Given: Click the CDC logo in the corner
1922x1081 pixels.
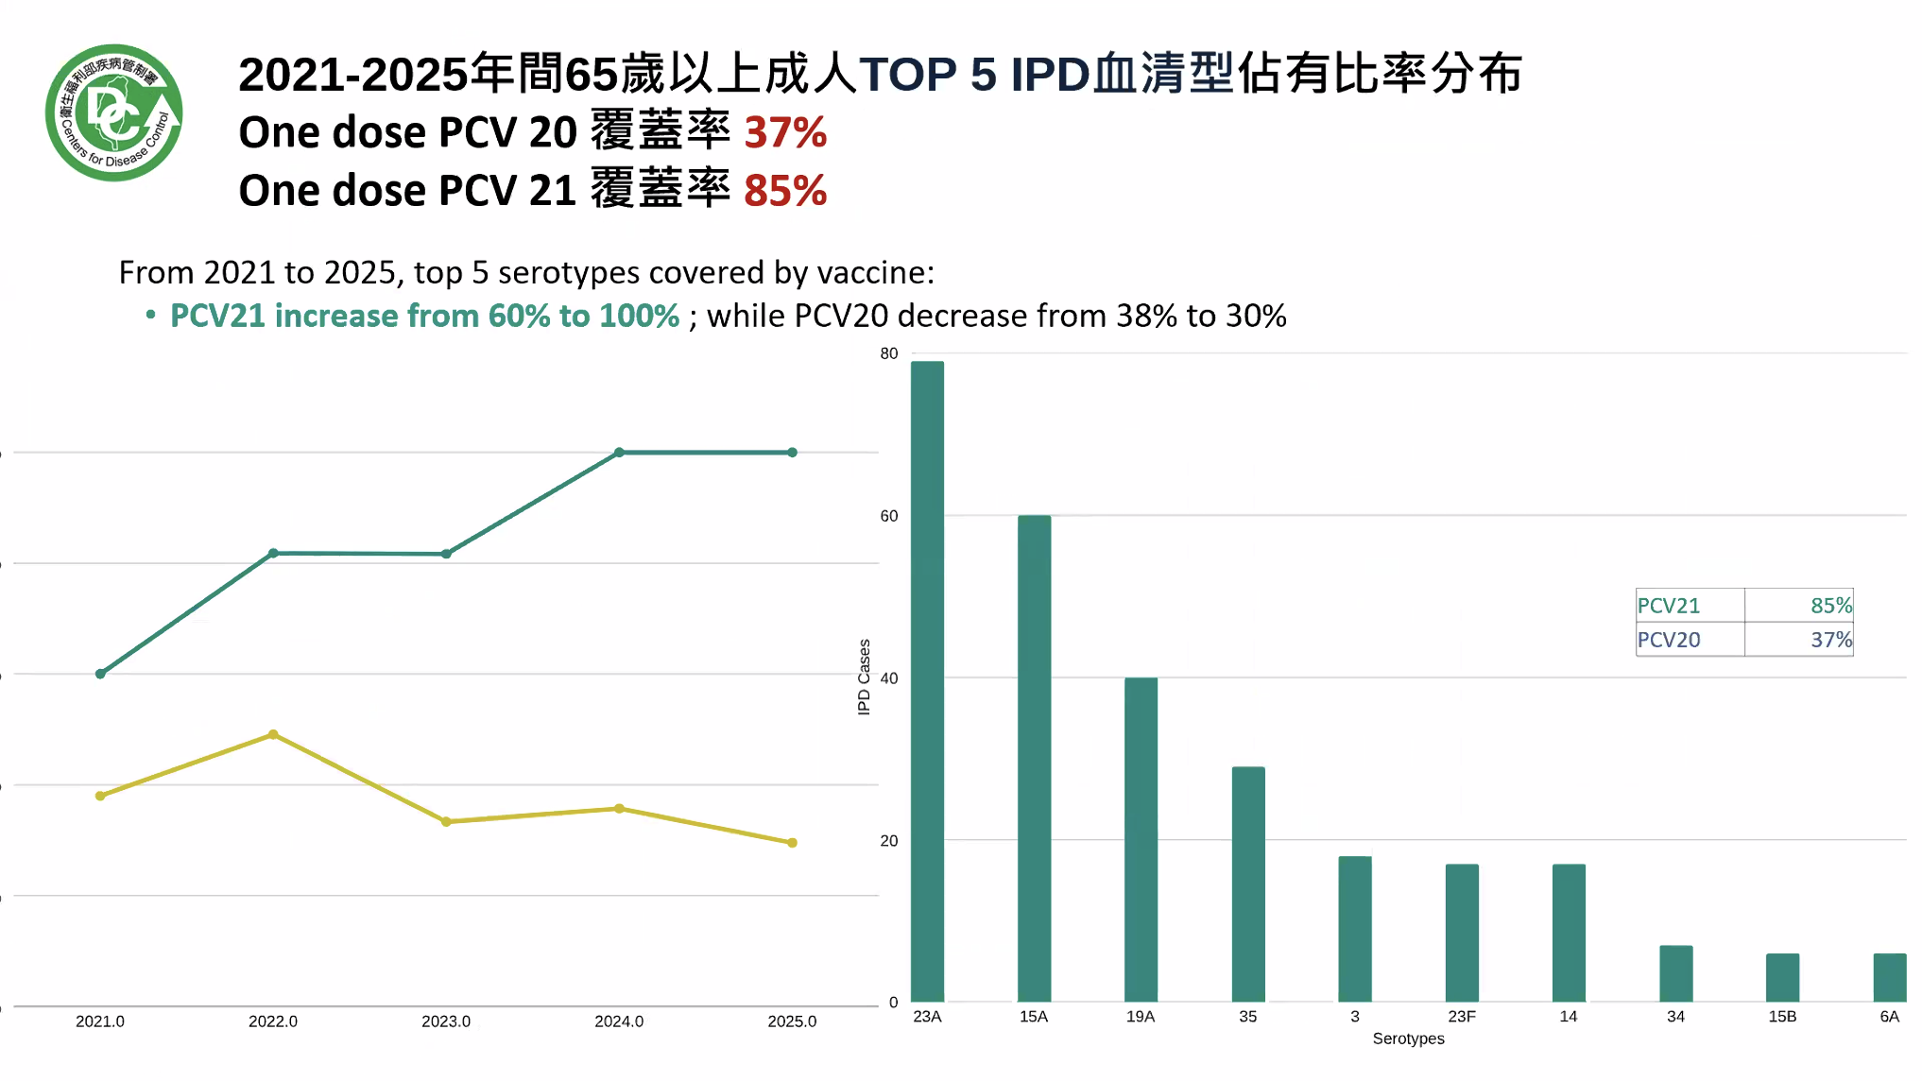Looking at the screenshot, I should pyautogui.click(x=113, y=112).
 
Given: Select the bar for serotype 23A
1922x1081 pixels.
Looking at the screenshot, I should pyautogui.click(x=927, y=680).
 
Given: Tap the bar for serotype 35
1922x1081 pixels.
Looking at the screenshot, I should pyautogui.click(x=1247, y=884).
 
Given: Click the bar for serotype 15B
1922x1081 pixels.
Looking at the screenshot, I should pyautogui.click(x=1782, y=977).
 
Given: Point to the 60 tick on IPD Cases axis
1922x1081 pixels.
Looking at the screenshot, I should pyautogui.click(x=888, y=516).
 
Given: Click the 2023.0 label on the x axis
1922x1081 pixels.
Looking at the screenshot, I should pyautogui.click(x=446, y=1021).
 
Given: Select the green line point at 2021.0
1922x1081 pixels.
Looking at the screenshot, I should pyautogui.click(x=100, y=674).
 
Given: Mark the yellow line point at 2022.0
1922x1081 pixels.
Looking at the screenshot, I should pyautogui.click(x=273, y=734).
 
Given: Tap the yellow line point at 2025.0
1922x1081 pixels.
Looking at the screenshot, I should pyautogui.click(x=792, y=843).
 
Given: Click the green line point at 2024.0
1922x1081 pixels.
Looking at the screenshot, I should pyautogui.click(x=619, y=453).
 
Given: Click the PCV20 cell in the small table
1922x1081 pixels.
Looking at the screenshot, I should pyautogui.click(x=1669, y=640).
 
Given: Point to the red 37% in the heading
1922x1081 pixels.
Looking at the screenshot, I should pyautogui.click(x=785, y=132).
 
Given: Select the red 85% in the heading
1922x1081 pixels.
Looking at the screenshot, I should pyautogui.click(x=785, y=191).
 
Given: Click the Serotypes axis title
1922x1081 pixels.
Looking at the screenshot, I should pyautogui.click(x=1408, y=1038).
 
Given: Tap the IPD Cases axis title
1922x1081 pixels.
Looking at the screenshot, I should pyautogui.click(x=864, y=677).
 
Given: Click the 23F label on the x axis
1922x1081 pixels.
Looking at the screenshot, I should pyautogui.click(x=1461, y=1017).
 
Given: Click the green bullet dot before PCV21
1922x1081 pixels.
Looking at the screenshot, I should pyautogui.click(x=150, y=315).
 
